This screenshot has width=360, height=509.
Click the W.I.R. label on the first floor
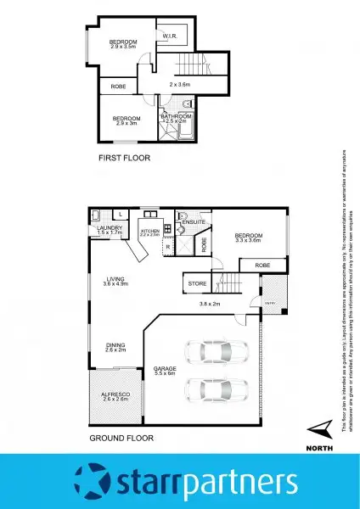tap(170, 36)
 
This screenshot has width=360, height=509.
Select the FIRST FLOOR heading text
tap(121, 158)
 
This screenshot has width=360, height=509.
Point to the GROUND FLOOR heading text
tap(121, 439)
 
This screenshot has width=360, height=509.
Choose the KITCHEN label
tap(150, 230)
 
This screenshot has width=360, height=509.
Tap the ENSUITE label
tap(193, 222)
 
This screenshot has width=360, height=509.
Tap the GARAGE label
tap(165, 369)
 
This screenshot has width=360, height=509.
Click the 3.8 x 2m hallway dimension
tap(210, 304)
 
